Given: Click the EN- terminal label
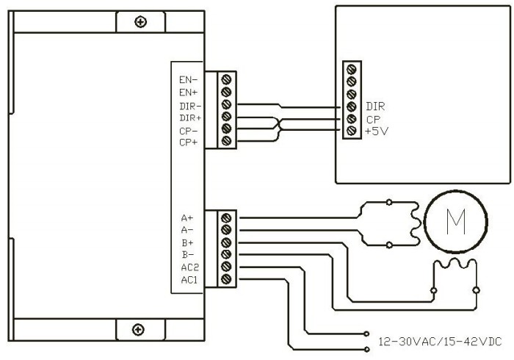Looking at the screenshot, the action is (189, 79).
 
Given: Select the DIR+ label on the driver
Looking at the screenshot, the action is (190, 118).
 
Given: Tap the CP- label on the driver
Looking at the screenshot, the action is (189, 132).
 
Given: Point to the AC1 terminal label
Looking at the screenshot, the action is (189, 280).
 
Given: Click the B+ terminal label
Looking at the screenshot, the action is (188, 242).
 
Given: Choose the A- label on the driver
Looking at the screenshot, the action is (187, 230).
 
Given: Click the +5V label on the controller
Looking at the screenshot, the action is (377, 132).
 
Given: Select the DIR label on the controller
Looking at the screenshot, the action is (375, 107).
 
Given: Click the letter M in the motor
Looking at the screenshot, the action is (456, 222).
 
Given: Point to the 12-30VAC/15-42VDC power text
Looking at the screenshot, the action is (440, 342).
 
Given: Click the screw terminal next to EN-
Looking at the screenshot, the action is (226, 79).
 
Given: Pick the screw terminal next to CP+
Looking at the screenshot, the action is (226, 141).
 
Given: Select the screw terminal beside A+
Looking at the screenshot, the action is (226, 218).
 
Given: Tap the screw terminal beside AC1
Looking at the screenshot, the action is (226, 279).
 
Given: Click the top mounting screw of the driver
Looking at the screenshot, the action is (141, 22).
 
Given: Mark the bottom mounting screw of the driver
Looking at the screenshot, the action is (138, 329).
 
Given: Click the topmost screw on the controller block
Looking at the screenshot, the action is (352, 69).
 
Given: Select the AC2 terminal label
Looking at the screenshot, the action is (189, 267).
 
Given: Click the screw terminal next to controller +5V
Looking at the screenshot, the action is (352, 131).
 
